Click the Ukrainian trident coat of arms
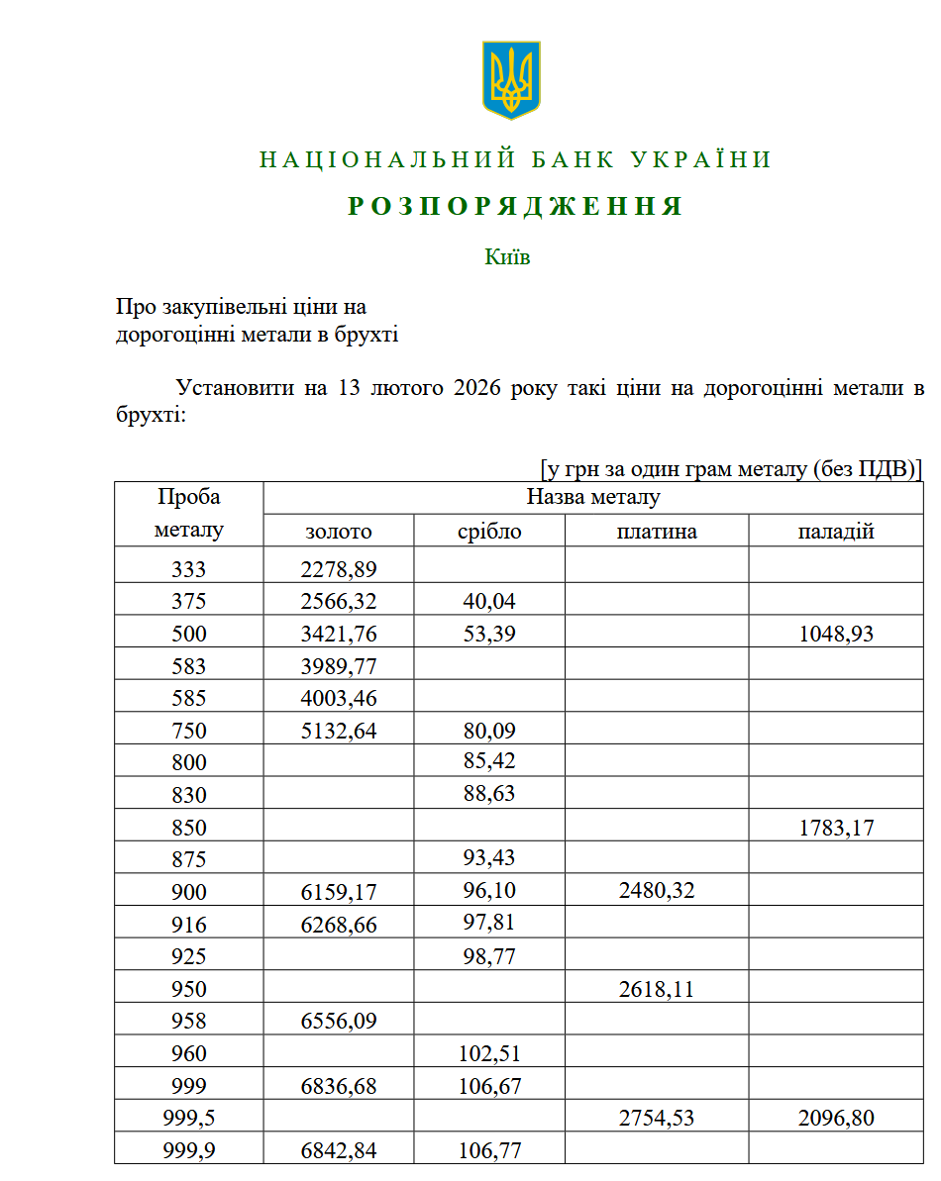(511, 80)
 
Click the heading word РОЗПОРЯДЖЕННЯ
(515, 206)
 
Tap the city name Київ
(507, 257)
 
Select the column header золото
(339, 532)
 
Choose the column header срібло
(489, 532)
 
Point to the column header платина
(657, 532)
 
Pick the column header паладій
(836, 532)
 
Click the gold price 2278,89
(339, 569)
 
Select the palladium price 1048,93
(836, 634)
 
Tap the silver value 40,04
(489, 601)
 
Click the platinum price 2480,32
(657, 891)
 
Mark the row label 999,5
(188, 1118)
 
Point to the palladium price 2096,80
(836, 1118)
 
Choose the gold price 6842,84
(339, 1150)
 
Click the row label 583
(188, 666)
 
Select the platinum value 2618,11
(657, 988)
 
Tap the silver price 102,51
(489, 1053)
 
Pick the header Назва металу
(592, 497)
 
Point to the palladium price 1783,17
(836, 827)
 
